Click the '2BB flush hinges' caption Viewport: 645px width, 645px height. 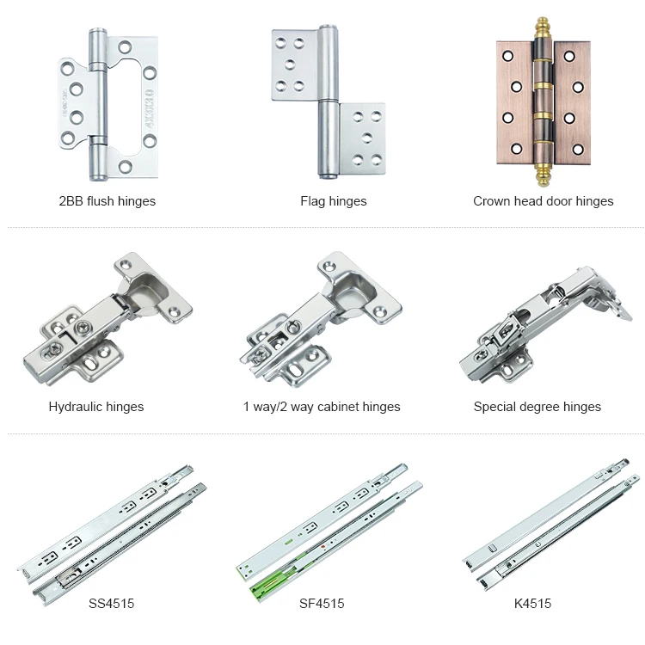107,201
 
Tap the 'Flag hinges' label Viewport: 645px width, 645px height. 333,201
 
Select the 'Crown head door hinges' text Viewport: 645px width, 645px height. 543,201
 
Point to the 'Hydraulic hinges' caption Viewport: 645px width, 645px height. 96,407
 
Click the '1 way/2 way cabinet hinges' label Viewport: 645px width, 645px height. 322,407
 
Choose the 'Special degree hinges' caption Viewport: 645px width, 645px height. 537,407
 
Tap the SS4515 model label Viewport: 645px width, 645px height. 112,604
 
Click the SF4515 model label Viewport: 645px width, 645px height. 322,604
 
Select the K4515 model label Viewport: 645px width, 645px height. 532,604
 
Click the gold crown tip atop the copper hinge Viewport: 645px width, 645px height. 543,27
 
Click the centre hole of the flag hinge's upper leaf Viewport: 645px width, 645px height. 290,64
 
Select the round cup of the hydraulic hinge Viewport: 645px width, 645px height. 144,292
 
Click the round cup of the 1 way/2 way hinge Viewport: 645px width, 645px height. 351,292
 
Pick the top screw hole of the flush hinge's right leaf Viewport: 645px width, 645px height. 125,47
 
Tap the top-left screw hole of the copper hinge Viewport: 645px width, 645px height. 507,56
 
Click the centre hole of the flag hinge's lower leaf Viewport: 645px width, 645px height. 367,138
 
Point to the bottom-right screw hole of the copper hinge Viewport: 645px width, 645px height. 578,149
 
